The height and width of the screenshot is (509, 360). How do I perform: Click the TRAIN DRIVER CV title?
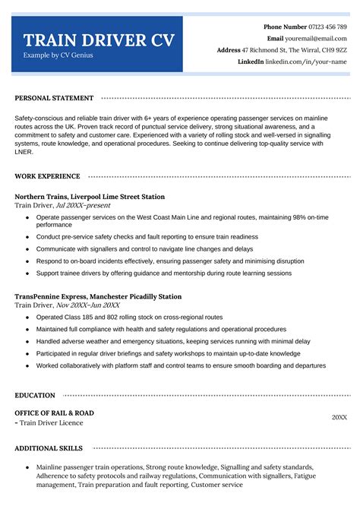pyautogui.click(x=97, y=40)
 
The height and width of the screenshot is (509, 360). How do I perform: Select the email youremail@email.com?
pyautogui.click(x=317, y=38)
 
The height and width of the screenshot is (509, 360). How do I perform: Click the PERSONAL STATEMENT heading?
pyautogui.click(x=54, y=98)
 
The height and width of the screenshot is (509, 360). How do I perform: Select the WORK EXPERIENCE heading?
pyautogui.click(x=48, y=176)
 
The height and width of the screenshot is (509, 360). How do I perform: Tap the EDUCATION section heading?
pyautogui.click(x=35, y=395)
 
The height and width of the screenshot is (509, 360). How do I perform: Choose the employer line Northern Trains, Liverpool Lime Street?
pyautogui.click(x=90, y=197)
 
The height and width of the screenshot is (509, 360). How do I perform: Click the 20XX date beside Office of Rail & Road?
pyautogui.click(x=339, y=417)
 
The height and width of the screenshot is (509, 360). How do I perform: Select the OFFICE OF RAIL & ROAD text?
pyautogui.click(x=54, y=413)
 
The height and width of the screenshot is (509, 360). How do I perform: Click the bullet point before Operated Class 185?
pyautogui.click(x=27, y=316)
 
